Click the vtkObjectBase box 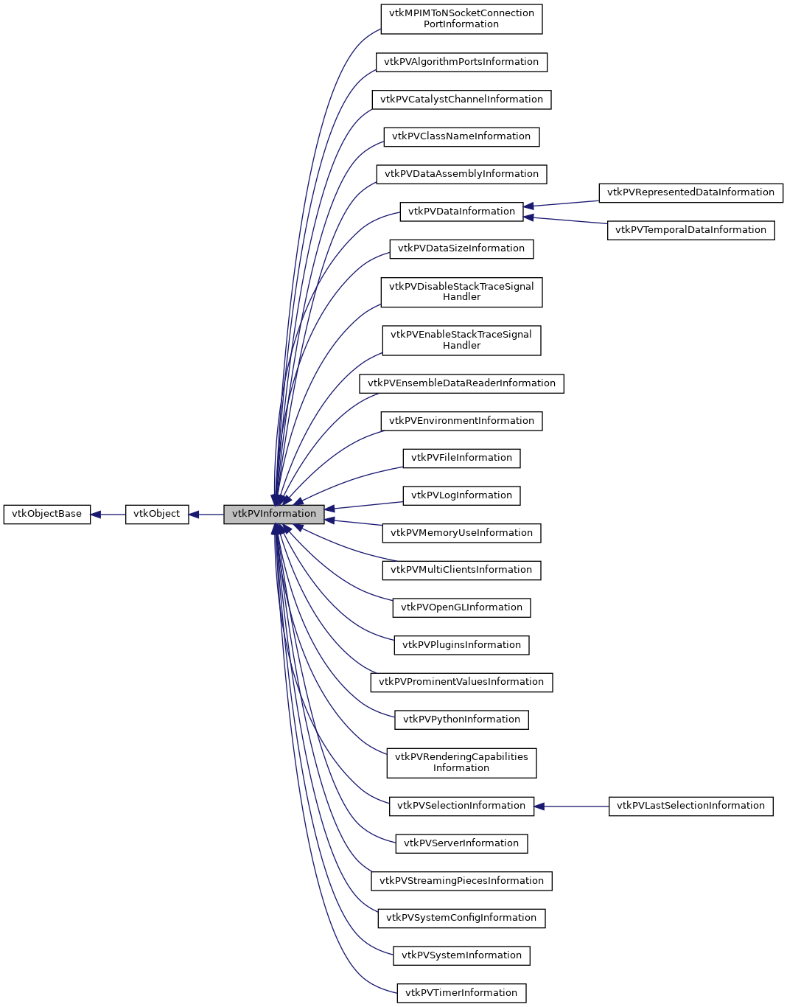click(x=46, y=514)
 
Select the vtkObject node click(x=156, y=514)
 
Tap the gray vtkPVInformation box click(x=273, y=514)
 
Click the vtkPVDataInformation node click(x=461, y=212)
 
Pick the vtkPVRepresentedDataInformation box click(x=690, y=192)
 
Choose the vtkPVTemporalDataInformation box click(x=690, y=230)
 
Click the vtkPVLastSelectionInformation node click(x=690, y=806)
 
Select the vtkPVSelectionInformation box click(x=461, y=806)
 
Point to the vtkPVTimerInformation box click(x=461, y=993)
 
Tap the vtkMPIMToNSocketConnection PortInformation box click(x=461, y=18)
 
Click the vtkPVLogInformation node click(x=461, y=495)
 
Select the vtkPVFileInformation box click(x=461, y=458)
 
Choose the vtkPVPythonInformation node click(x=461, y=719)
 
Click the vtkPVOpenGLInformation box click(x=461, y=607)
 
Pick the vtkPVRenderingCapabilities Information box click(x=461, y=762)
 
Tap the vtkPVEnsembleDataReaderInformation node click(x=461, y=383)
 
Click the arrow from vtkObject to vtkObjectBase click(x=108, y=515)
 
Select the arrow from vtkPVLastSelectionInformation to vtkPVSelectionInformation click(x=571, y=806)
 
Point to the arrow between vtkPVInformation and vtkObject click(x=206, y=515)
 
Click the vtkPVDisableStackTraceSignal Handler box click(x=461, y=292)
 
